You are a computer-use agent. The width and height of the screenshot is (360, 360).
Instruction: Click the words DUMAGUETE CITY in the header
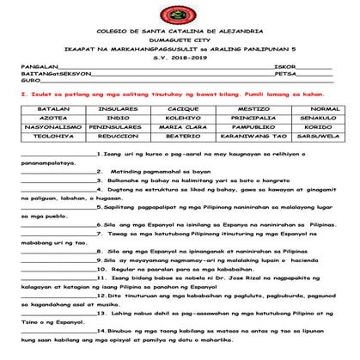click(x=179, y=40)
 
